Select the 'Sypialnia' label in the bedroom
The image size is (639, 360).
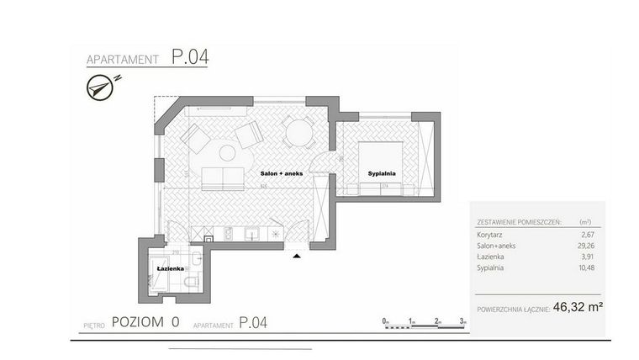pos(381,173)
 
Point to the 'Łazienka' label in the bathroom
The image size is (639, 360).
pos(171,268)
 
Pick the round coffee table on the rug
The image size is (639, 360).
pos(228,153)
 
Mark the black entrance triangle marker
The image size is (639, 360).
pos(296,256)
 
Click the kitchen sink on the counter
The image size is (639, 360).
pos(251,233)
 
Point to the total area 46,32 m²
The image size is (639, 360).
pos(578,308)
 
